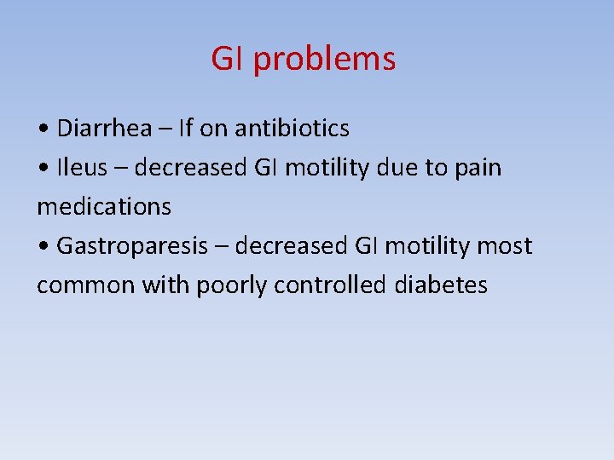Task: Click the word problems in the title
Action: pos(324,60)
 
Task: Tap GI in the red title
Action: pos(227,59)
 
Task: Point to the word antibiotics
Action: pos(292,129)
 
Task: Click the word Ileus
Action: pos(82,168)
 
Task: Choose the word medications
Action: pos(104,207)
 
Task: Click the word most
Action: pos(504,246)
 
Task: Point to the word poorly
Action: pos(232,285)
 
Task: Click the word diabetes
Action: pos(441,285)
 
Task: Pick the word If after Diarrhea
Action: pos(187,129)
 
